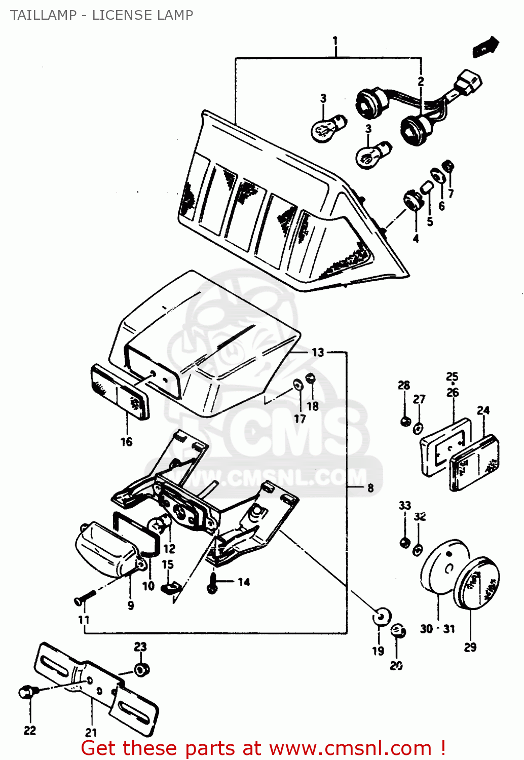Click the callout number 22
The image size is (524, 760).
30,730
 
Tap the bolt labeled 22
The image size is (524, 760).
26,692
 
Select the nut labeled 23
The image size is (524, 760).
141,670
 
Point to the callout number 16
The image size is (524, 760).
126,442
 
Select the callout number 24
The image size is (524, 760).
483,410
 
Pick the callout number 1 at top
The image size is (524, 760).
335,40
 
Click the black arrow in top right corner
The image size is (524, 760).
485,47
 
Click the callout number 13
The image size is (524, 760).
318,352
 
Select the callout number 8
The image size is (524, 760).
370,487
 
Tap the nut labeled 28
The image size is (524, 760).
405,421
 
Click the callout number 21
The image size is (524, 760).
91,732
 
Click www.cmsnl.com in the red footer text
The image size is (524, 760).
350,748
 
